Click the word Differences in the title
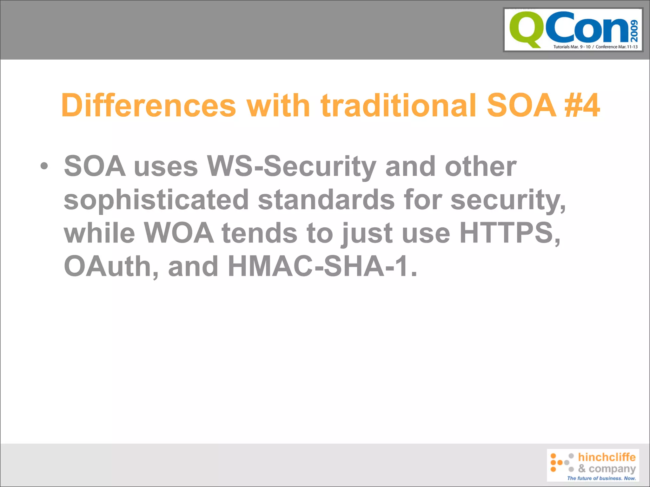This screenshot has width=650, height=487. tap(149, 105)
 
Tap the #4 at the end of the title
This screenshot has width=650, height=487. tap(582, 105)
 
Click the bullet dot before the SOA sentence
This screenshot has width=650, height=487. tap(44, 166)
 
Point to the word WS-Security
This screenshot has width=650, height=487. tap(291, 166)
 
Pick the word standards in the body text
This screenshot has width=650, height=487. tap(326, 200)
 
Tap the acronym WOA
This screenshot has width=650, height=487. tap(179, 233)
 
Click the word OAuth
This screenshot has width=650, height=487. tap(111, 266)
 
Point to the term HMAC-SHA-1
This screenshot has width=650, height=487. tap(322, 266)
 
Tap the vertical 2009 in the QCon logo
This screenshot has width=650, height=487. tap(634, 31)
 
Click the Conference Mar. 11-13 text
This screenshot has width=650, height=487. tap(617, 47)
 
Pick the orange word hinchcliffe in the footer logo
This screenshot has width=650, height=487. tap(607, 457)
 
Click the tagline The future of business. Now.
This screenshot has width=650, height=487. tap(601, 478)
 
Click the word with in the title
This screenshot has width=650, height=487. tap(278, 105)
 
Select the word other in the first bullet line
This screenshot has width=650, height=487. tap(481, 166)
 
